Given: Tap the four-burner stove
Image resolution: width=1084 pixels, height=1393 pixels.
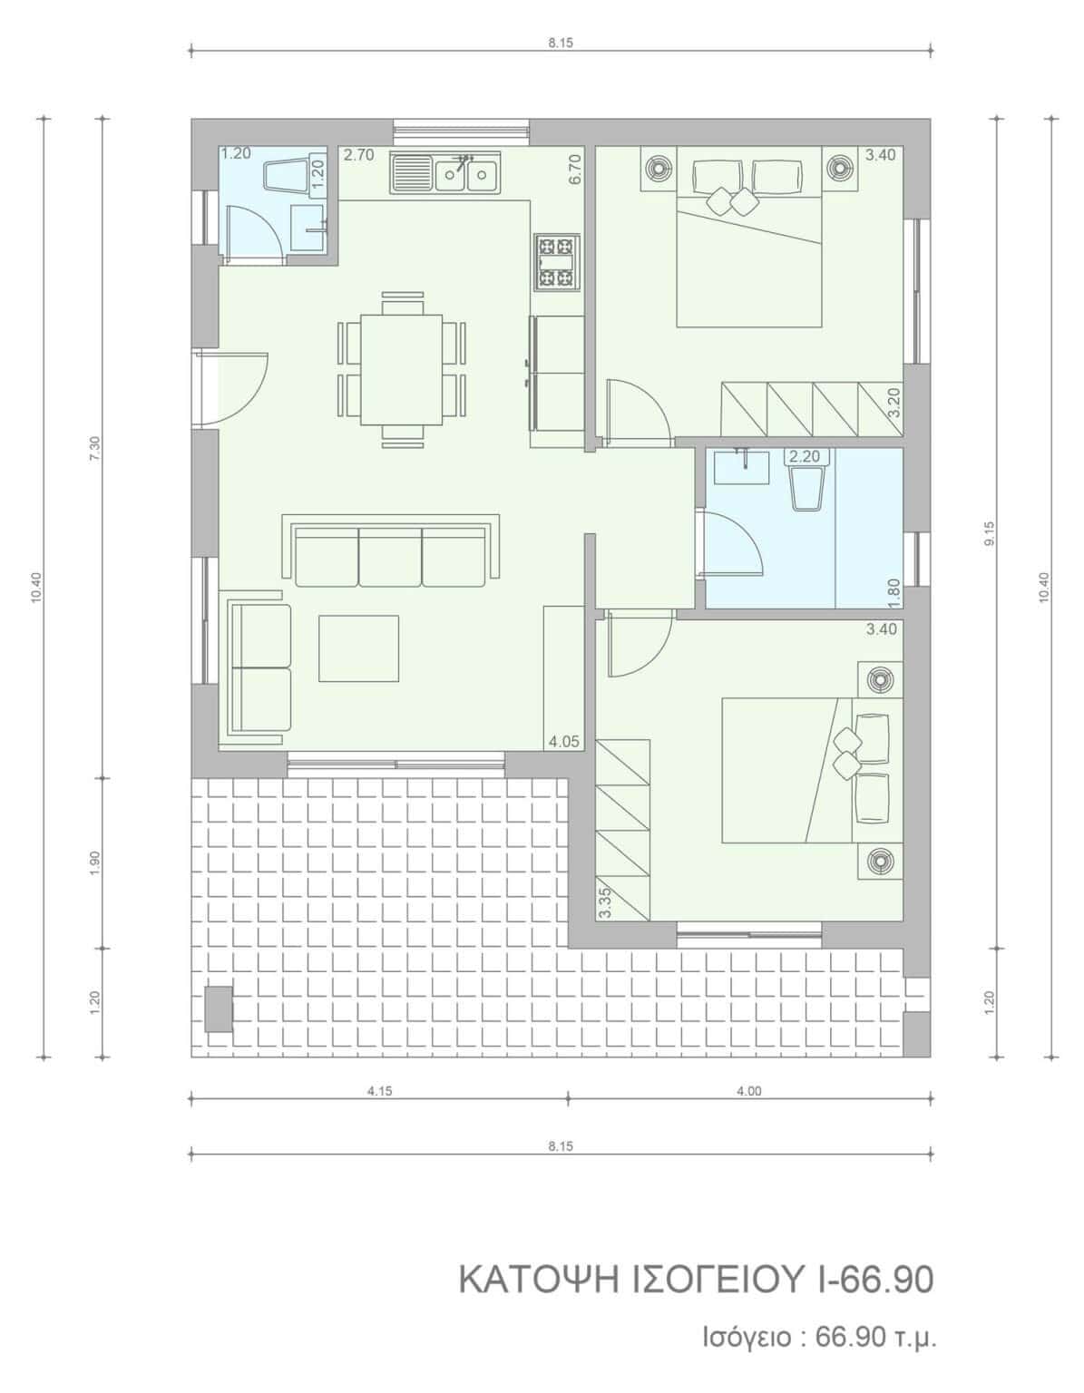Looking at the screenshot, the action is coord(555,262).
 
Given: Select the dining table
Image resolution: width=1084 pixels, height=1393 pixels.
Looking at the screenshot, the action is coord(402,369).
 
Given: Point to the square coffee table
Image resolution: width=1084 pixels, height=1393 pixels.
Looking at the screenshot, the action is coord(358,648).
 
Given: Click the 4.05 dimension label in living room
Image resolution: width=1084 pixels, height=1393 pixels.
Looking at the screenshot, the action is coord(563,742).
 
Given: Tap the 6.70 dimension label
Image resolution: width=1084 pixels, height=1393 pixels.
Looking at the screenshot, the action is coord(574,170).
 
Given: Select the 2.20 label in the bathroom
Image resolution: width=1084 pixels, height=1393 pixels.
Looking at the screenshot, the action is coord(804,457).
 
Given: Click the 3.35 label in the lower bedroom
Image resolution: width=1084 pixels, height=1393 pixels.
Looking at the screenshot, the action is coord(603,904).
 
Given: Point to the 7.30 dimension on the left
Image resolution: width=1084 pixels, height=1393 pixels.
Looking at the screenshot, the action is coord(95,447).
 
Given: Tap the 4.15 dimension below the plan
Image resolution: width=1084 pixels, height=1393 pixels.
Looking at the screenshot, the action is coord(379,1090).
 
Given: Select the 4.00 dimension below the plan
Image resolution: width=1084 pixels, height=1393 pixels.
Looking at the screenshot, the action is coord(748,1090).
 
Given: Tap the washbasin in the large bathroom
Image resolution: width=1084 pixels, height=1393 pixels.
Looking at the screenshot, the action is coord(742,466).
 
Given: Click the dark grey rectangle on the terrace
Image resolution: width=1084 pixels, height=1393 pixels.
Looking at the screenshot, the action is coord(219,1009).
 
